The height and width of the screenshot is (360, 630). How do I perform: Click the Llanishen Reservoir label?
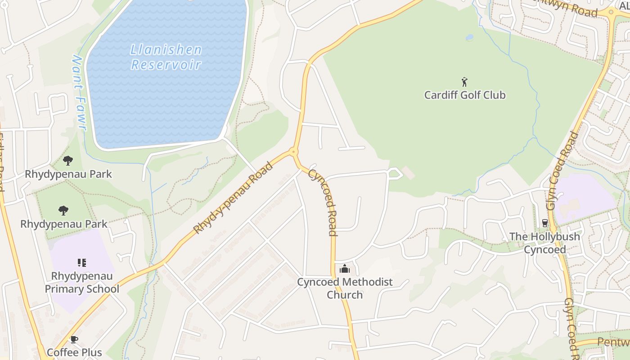click(166, 57)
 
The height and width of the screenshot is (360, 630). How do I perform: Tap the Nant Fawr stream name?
click(79, 93)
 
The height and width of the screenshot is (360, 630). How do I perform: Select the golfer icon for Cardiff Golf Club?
click(465, 82)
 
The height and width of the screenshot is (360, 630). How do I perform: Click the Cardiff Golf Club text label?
click(465, 95)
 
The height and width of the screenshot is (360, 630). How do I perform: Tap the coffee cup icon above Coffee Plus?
click(74, 339)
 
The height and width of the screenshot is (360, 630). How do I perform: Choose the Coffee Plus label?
click(74, 352)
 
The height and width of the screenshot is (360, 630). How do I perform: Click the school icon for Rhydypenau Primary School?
click(81, 262)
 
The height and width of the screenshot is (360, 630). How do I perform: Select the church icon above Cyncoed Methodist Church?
click(345, 269)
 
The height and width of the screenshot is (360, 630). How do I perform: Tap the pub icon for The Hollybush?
click(544, 223)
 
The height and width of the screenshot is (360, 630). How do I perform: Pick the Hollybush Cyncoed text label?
click(544, 243)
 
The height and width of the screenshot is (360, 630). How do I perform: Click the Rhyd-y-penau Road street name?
click(233, 198)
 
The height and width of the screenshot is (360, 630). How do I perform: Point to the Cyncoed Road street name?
click(323, 202)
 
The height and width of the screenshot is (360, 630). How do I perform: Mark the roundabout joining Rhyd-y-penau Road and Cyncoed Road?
click(294, 152)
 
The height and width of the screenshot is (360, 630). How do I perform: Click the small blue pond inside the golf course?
click(469, 37)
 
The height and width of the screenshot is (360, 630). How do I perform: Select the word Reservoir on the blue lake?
click(166, 64)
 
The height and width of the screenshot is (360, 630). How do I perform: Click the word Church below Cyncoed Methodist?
click(345, 295)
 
